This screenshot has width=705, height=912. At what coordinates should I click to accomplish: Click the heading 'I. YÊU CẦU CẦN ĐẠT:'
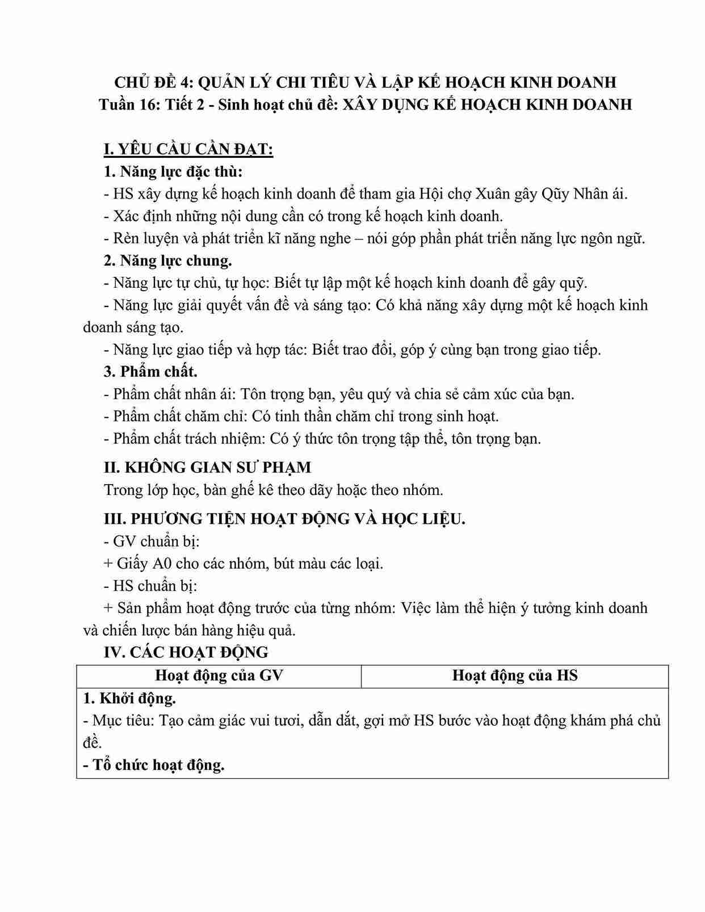pos(188,149)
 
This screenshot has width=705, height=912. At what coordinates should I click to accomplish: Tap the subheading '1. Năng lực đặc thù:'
pos(173,171)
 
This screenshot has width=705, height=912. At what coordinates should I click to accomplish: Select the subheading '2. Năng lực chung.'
pos(168,260)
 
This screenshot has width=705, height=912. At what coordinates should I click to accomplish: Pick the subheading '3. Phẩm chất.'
pos(150,372)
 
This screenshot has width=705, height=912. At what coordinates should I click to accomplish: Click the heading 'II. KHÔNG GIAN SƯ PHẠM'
pos(208,468)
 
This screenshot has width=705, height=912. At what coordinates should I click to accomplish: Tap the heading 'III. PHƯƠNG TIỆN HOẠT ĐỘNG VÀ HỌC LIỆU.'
pos(284,519)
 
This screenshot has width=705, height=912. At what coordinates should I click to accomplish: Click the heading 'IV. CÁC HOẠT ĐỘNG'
pos(186,653)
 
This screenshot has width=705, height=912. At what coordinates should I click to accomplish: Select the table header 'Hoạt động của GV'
pos(219,675)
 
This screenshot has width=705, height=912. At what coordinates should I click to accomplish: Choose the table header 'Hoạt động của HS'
pos(515,675)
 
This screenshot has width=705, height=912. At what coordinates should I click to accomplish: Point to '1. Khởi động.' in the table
pos(129,699)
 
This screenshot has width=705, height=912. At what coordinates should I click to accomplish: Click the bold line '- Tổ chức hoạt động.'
pos(154,765)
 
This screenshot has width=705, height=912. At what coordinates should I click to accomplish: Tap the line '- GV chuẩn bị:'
pos(152,541)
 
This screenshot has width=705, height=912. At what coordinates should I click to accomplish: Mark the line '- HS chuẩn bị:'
pos(150,586)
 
